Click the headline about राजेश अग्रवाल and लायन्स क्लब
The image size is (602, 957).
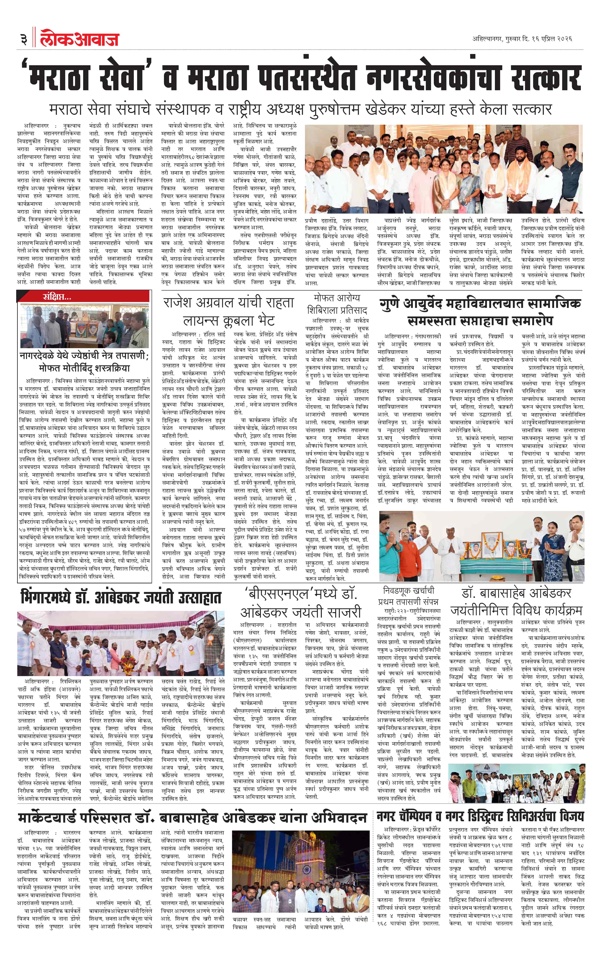(228, 311)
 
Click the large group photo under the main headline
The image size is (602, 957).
(443, 169)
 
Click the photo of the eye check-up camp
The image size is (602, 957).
(84, 325)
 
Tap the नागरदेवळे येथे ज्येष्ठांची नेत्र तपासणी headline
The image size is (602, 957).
(84, 362)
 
